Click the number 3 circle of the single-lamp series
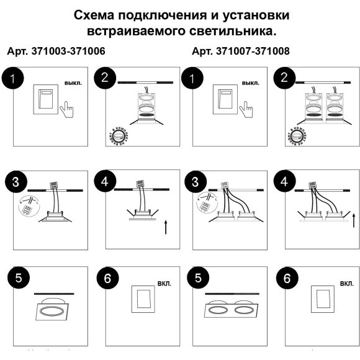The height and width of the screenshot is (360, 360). [14, 182]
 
